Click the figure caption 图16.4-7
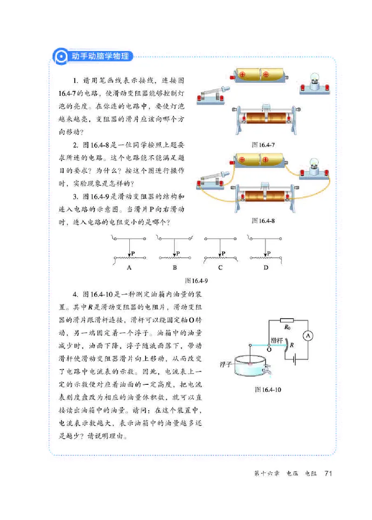263,145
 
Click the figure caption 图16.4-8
263,220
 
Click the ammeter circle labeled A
306,336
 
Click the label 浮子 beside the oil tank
226,365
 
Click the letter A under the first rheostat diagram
128,268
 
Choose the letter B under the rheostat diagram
174,268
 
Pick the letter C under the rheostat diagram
220,268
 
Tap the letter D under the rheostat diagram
266,268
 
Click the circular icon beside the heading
60,56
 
